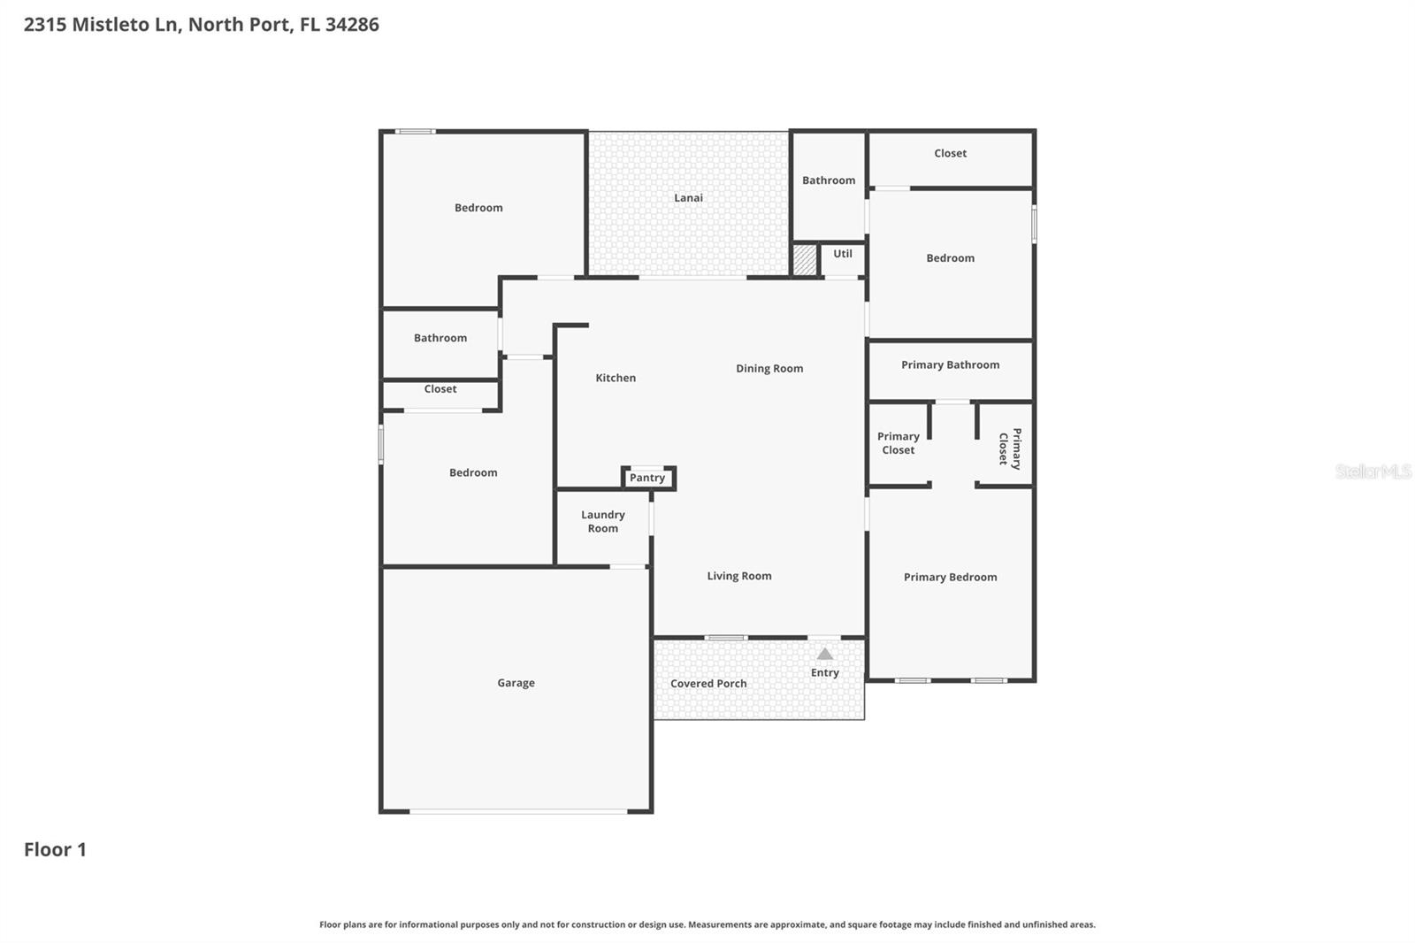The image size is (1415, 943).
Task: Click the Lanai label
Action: pyautogui.click(x=688, y=198)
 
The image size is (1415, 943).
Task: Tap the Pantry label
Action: pyautogui.click(x=646, y=478)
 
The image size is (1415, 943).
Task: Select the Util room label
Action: pyautogui.click(x=842, y=254)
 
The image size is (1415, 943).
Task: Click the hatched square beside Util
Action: pyautogui.click(x=804, y=260)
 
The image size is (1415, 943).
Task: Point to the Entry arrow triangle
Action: pyautogui.click(x=824, y=655)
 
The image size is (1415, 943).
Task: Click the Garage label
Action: pyautogui.click(x=516, y=683)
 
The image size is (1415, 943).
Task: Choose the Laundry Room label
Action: pyautogui.click(x=602, y=521)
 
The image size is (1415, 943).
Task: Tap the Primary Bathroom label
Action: pyautogui.click(x=950, y=364)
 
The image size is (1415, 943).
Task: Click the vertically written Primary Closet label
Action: pyautogui.click(x=1009, y=448)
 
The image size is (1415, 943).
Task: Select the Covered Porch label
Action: pyautogui.click(x=707, y=684)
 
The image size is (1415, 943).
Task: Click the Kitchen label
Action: pyautogui.click(x=616, y=378)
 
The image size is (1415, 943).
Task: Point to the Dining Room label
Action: pyautogui.click(x=769, y=369)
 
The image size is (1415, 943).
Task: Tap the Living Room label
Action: pyautogui.click(x=738, y=576)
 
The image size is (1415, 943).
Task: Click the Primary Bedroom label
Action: pyautogui.click(x=950, y=577)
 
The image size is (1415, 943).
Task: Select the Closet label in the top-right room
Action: pyautogui.click(x=950, y=153)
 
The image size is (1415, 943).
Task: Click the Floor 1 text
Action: pyautogui.click(x=55, y=849)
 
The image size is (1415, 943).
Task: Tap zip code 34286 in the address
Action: pyautogui.click(x=352, y=25)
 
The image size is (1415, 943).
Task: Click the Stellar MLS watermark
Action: pyautogui.click(x=1373, y=471)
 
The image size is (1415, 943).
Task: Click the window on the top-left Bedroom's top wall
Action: pyautogui.click(x=415, y=132)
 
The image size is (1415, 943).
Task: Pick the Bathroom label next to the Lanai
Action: pyautogui.click(x=828, y=180)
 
